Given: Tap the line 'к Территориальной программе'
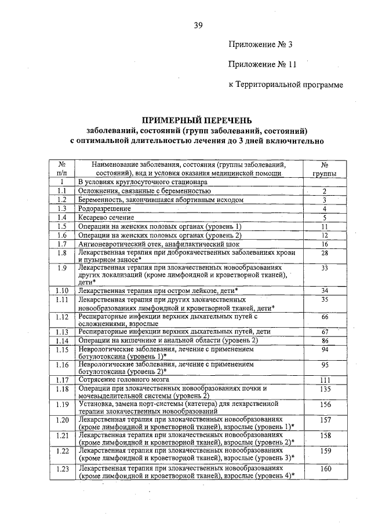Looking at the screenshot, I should [x=286, y=85].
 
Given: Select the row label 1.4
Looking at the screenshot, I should [x=62, y=217].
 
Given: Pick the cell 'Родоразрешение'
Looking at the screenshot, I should [x=104, y=208].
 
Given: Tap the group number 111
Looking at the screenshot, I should [x=325, y=379].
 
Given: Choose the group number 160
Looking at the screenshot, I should [x=325, y=468].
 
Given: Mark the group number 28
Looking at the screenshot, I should [x=325, y=253].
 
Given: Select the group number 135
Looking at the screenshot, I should [x=325, y=389].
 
